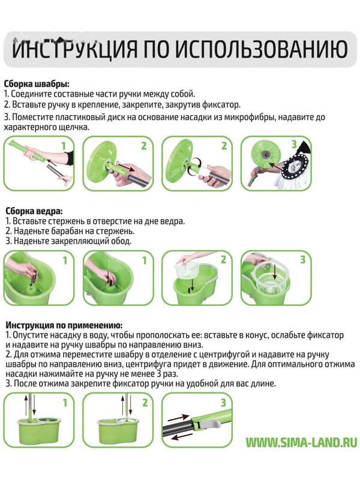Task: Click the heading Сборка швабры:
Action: [x=37, y=84]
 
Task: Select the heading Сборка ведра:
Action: [x=34, y=211]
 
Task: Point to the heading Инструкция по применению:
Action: [x=64, y=325]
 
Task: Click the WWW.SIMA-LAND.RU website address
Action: [x=302, y=443]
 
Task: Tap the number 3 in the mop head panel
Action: [x=294, y=144]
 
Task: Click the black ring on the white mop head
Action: [x=295, y=167]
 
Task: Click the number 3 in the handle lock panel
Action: [x=223, y=402]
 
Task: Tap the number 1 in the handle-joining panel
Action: [x=64, y=145]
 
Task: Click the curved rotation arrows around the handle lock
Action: [x=193, y=167]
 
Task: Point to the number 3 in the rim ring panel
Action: [x=302, y=260]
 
